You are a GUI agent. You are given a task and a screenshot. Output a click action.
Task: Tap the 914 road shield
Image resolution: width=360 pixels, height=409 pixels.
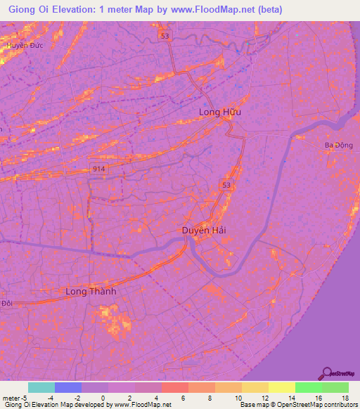click(98, 168)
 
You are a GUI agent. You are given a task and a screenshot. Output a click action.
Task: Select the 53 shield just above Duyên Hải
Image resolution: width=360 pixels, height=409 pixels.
click(225, 185)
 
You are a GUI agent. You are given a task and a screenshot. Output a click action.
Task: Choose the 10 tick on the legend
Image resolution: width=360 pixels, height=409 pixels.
click(239, 397)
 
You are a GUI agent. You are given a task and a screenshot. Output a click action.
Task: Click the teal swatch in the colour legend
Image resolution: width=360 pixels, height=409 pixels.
click(41, 387)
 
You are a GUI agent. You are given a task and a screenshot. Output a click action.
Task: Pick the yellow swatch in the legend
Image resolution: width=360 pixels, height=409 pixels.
click(281, 387)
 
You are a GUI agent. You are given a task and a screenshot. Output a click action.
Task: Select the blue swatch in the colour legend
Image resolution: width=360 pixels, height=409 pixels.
click(68, 387)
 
